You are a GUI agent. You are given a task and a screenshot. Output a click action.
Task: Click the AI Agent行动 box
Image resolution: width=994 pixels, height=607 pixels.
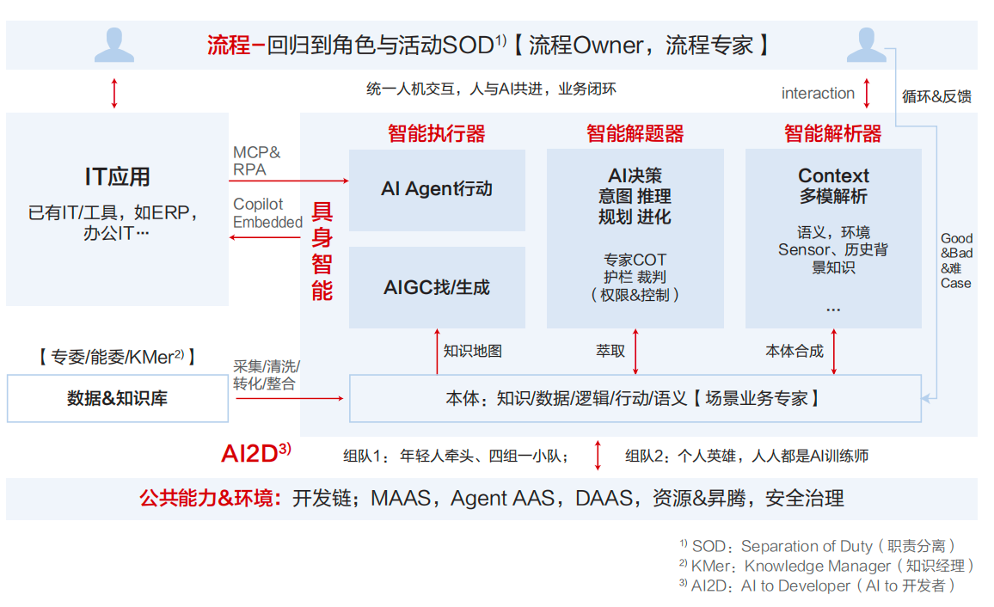(437, 189)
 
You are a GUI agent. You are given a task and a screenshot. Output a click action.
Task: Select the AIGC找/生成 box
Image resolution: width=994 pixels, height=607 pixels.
(437, 287)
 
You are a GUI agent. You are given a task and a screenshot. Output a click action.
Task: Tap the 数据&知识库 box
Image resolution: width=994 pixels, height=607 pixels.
(118, 398)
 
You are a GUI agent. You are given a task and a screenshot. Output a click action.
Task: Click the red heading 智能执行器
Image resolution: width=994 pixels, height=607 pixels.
(437, 134)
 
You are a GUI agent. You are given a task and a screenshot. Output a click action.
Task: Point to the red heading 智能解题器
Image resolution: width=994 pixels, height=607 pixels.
(635, 134)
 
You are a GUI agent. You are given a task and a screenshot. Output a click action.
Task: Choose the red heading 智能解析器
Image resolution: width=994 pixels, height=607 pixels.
(832, 134)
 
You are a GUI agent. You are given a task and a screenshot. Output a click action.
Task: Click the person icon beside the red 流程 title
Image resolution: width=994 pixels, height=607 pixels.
(114, 45)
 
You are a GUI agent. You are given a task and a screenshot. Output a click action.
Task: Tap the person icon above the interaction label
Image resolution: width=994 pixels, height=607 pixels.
(866, 45)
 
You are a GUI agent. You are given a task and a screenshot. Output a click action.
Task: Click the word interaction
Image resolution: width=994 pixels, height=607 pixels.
(818, 94)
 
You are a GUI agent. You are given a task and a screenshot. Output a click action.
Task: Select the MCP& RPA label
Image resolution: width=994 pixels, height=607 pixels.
(256, 161)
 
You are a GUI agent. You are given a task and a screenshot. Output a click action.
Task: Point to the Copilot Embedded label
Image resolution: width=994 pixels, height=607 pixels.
(267, 214)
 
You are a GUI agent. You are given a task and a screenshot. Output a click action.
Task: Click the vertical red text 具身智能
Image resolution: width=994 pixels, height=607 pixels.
(322, 251)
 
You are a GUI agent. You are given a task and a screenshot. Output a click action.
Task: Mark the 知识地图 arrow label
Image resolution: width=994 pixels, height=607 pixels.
(473, 351)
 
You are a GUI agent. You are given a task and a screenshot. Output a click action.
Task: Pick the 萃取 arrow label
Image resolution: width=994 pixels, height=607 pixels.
(611, 351)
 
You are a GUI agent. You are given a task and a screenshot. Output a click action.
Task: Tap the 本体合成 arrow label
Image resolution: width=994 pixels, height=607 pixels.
(795, 351)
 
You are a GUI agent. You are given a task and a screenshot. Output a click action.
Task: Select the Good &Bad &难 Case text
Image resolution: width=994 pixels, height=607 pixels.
(956, 261)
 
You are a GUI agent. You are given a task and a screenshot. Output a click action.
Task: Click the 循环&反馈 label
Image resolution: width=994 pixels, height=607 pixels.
(936, 96)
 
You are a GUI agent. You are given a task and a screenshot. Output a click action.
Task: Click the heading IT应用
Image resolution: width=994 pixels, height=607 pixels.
(118, 177)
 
